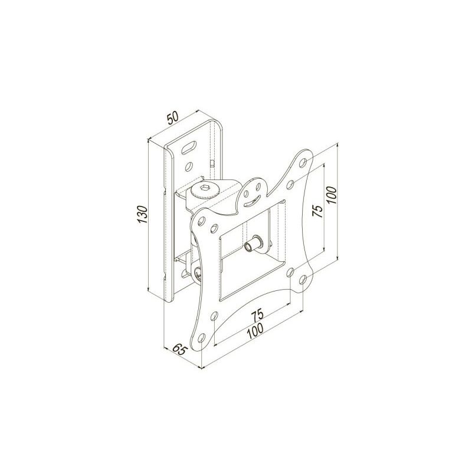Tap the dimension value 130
pyautogui.click(x=142, y=214)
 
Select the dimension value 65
pyautogui.click(x=180, y=350)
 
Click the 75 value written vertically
pyautogui.click(x=317, y=211)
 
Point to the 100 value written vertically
pyautogui.click(x=331, y=195)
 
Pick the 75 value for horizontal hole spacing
pyautogui.click(x=257, y=314)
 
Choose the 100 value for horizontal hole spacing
pyautogui.click(x=255, y=332)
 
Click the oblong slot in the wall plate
pyautogui.click(x=189, y=148)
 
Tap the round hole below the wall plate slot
pyautogui.click(x=189, y=166)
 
